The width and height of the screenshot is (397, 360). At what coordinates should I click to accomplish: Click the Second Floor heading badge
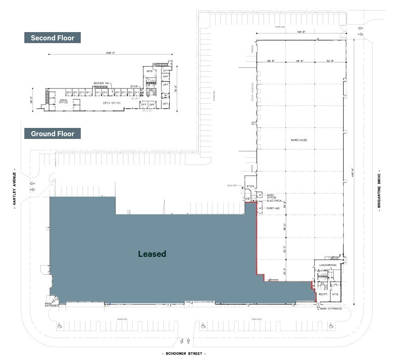(52, 38)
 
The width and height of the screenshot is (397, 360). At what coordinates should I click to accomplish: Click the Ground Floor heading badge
(52, 134)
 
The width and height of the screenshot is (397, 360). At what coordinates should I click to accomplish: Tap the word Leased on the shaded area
(152, 254)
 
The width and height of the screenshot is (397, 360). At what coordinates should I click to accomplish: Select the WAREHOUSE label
(298, 140)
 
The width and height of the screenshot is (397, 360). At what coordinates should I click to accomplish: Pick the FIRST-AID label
(274, 208)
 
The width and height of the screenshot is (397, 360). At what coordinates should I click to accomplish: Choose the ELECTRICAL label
(274, 200)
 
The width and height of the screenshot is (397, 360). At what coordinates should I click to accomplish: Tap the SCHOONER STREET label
(184, 354)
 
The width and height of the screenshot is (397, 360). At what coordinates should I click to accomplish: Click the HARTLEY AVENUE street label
(15, 188)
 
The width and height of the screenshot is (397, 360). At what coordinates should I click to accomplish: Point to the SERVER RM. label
(101, 83)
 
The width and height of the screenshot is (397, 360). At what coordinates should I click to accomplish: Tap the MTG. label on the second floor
(149, 72)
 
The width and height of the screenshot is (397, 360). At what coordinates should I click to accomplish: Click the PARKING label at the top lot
(280, 27)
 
